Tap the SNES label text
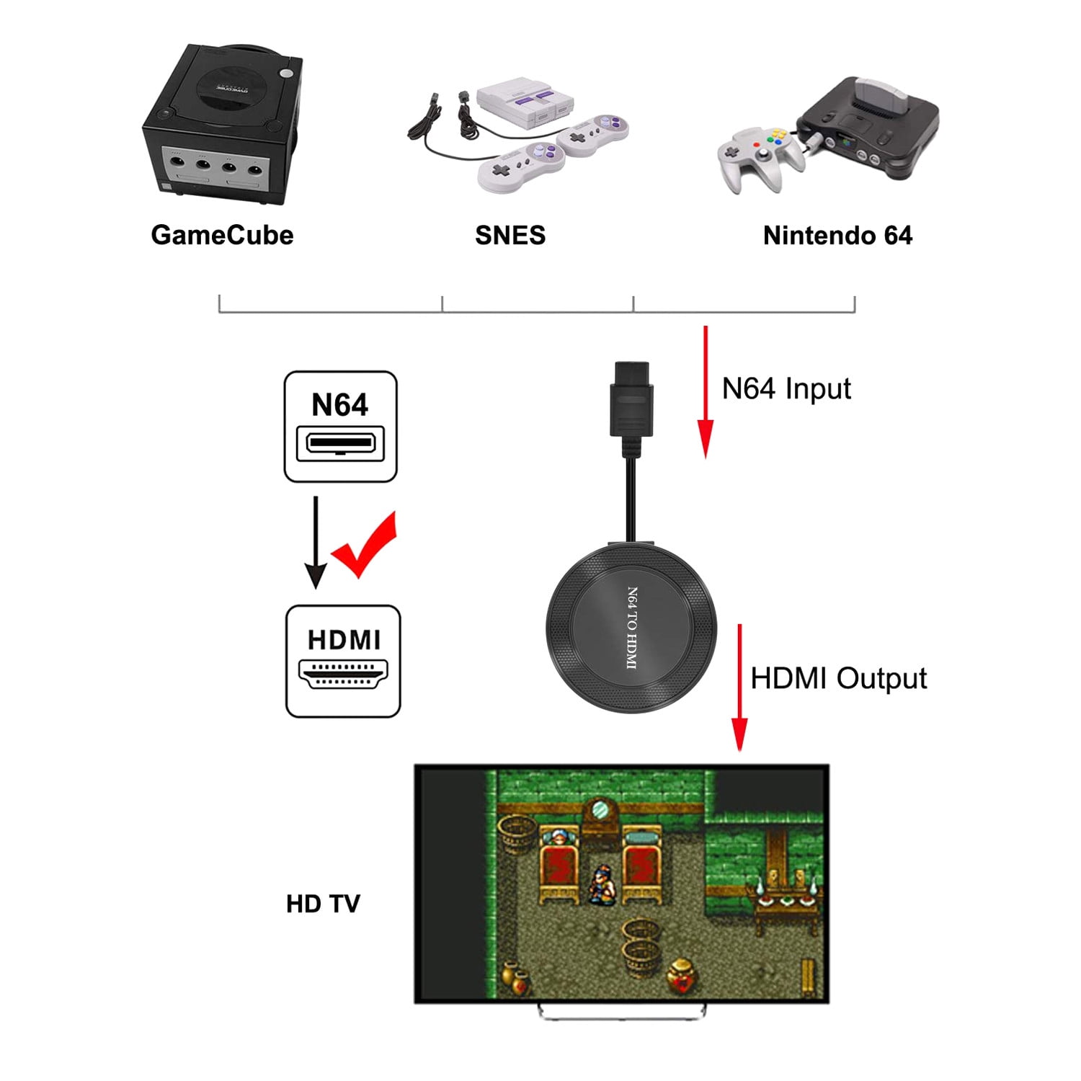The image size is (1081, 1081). (x=510, y=236)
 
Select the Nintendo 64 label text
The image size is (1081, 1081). (x=837, y=236)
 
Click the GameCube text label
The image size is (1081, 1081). (x=222, y=236)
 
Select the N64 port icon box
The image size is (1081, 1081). (x=340, y=427)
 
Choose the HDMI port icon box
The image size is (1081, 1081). (x=343, y=661)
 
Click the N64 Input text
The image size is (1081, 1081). (x=786, y=389)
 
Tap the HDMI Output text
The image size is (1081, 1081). (x=838, y=679)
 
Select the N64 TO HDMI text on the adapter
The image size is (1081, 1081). (x=632, y=628)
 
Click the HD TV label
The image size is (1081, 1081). (x=323, y=904)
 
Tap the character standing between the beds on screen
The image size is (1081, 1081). (x=600, y=884)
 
